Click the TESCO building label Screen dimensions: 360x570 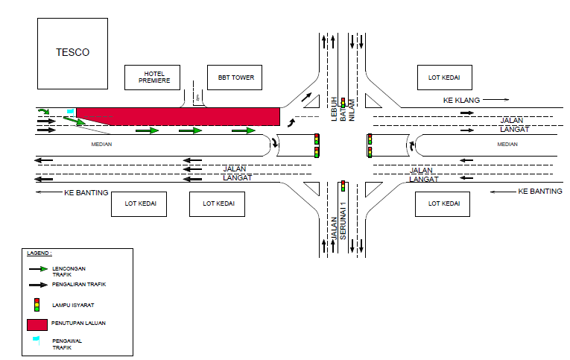pos(72,53)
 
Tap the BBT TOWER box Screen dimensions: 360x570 pos(236,77)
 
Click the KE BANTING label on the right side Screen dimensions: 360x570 pos(539,192)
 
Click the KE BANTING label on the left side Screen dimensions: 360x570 pos(86,192)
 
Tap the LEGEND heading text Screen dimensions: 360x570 pos(40,253)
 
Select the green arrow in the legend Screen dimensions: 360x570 pos(37,268)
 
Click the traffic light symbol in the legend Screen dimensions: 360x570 pos(37,304)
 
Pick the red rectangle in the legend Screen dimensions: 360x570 pos(47,325)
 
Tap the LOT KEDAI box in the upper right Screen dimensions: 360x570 pos(443,77)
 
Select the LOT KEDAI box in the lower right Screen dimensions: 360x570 pos(443,203)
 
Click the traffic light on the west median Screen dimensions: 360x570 pos(317,145)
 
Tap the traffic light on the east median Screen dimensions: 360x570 pos(370,145)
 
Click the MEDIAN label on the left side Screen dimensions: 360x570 pos(101,144)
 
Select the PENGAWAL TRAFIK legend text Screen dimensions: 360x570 pos(63,344)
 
